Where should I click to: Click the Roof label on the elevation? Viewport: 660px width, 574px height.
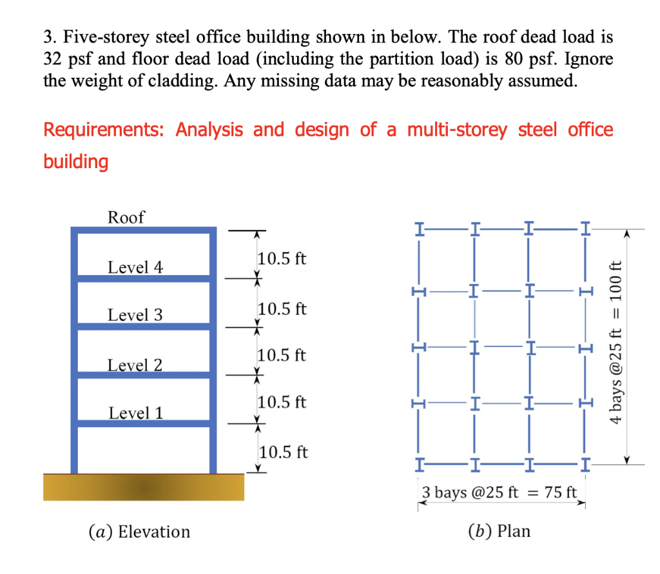tap(126, 217)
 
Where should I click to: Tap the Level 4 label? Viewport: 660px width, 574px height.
tap(135, 267)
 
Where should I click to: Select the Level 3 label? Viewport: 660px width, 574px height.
tap(135, 315)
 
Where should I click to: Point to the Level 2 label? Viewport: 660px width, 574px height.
tap(135, 365)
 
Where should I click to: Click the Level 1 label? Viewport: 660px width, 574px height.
tap(135, 412)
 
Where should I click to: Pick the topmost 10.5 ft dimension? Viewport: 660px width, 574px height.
tap(282, 260)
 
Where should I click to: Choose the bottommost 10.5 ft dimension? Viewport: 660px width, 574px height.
tap(283, 452)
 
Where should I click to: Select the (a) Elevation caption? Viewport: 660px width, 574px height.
tap(139, 531)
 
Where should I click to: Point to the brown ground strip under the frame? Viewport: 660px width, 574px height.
tap(144, 487)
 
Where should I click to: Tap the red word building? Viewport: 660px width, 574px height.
tap(75, 161)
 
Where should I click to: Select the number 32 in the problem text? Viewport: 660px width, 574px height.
tap(52, 59)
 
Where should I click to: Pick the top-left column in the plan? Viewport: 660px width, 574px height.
tap(420, 229)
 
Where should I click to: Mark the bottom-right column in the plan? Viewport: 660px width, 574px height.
tap(585, 463)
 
